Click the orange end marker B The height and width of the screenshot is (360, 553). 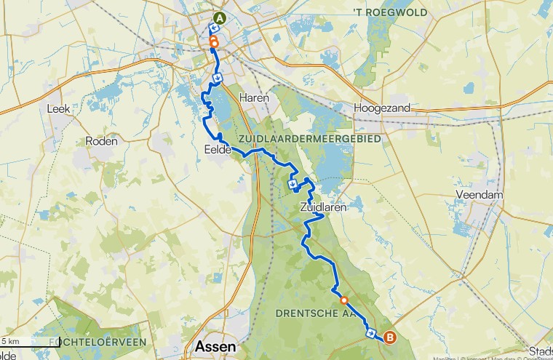coord(390,337)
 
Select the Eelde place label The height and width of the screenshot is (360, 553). coord(218,150)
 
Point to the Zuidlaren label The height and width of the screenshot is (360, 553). coord(321,207)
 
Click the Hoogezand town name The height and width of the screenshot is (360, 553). coord(382,108)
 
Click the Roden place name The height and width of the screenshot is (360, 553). coord(101,141)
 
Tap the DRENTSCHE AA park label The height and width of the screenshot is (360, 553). coord(314,313)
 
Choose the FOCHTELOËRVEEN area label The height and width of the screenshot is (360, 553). coord(98,341)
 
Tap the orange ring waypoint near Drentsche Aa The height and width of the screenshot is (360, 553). coord(344,300)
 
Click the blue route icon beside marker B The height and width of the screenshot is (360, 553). coord(371,334)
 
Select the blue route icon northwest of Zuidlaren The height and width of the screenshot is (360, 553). coord(292,183)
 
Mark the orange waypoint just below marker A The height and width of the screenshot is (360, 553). coord(213,43)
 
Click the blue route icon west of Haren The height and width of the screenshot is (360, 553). coord(217,78)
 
